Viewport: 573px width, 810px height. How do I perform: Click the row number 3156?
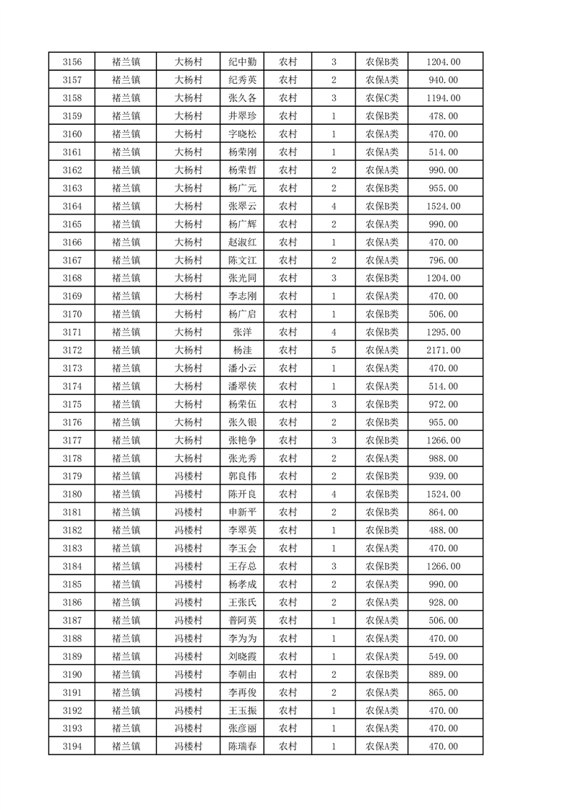click(x=72, y=62)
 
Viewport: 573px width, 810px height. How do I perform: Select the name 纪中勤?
click(x=242, y=62)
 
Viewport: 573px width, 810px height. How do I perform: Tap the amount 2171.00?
click(x=444, y=350)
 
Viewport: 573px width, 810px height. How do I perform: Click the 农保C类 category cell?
click(x=382, y=98)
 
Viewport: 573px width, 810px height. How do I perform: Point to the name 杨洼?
click(x=242, y=350)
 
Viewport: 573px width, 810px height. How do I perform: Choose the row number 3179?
click(x=72, y=476)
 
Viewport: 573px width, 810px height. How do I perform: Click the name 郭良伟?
click(x=242, y=476)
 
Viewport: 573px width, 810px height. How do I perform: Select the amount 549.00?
click(x=444, y=656)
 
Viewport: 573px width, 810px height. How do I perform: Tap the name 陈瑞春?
click(x=242, y=746)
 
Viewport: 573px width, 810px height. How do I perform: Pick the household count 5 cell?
click(x=333, y=350)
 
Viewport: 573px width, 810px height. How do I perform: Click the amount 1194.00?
click(x=444, y=98)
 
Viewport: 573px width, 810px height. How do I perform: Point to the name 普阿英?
click(x=242, y=620)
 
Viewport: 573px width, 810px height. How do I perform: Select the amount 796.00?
click(x=444, y=260)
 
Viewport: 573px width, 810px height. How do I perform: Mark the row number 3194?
click(x=72, y=746)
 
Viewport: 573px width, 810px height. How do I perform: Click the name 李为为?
click(x=242, y=638)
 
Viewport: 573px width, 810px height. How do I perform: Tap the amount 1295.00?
click(x=444, y=332)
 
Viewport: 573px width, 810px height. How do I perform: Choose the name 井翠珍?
click(x=242, y=116)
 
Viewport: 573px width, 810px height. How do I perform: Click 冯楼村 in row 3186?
click(x=188, y=602)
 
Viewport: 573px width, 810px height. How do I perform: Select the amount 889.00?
click(x=444, y=674)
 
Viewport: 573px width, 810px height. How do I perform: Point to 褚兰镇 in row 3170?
click(x=126, y=314)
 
